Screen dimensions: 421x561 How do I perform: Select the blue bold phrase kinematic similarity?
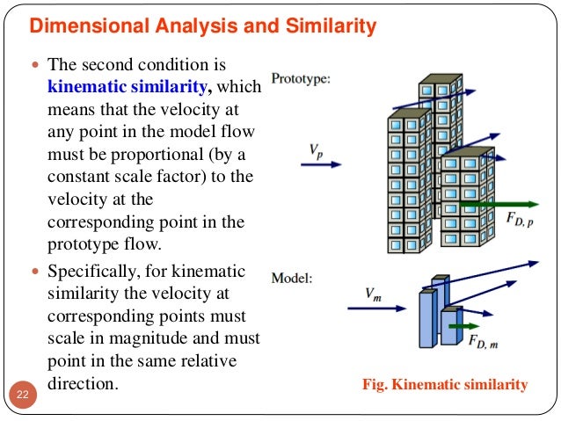[129, 86]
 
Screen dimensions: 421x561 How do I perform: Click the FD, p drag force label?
[519, 219]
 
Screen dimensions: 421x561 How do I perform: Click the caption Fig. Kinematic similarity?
[445, 384]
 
